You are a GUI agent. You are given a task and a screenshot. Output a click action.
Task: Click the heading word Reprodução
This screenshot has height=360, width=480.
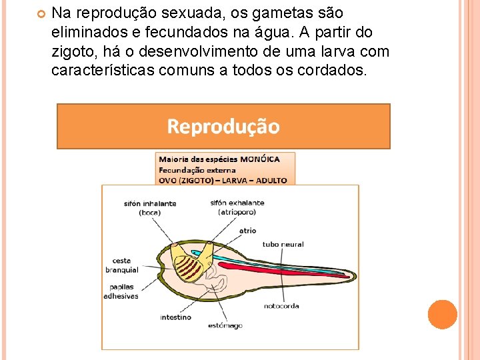(x=223, y=126)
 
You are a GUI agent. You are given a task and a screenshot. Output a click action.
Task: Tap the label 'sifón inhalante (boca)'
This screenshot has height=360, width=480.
(x=150, y=208)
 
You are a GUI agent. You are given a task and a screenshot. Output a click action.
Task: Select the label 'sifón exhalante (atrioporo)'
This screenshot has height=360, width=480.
(x=237, y=207)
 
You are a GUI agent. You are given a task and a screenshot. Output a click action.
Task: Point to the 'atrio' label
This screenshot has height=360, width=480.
(x=247, y=231)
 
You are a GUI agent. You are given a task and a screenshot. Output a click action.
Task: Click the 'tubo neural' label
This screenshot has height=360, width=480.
(x=283, y=245)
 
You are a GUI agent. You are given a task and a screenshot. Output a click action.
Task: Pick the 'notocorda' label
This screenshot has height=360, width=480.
(x=281, y=306)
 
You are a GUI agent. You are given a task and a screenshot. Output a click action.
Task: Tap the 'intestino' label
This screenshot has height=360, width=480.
(x=175, y=317)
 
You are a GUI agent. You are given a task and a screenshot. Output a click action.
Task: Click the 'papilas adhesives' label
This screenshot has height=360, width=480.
(x=121, y=291)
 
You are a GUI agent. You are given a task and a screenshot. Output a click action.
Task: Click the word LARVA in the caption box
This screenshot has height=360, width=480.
(x=233, y=180)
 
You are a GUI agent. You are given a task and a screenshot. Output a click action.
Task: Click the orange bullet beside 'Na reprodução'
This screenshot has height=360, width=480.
(x=41, y=13)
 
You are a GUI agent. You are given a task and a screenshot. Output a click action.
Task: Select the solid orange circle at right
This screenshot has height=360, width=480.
(x=442, y=314)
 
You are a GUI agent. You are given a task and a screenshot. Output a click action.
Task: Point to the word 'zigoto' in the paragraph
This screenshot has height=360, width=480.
(x=70, y=51)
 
